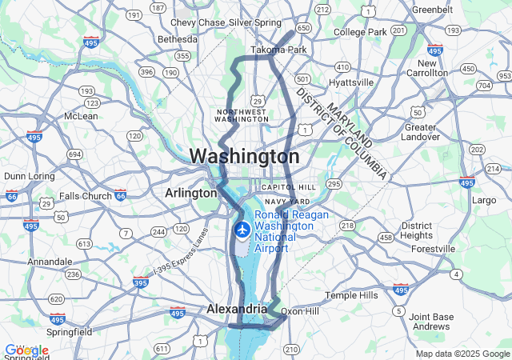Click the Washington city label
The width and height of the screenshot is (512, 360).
coord(244,155)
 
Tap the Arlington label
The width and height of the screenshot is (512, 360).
coord(190,193)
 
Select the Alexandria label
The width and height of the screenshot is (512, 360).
coord(236,309)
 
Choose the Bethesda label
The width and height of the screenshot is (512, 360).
coord(177,38)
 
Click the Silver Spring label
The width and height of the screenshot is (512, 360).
coord(255,22)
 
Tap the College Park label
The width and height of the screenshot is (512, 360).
coord(360,32)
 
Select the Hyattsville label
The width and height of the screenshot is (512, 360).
coord(350,82)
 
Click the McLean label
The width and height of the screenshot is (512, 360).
coord(80,116)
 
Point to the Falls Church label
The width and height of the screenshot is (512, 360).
coord(86,196)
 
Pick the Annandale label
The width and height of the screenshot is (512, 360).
coord(50,262)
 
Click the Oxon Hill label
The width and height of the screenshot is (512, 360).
coord(301,311)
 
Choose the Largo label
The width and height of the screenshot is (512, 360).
coord(485,199)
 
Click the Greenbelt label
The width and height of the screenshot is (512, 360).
coord(432,10)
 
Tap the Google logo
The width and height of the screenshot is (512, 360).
coord(26,350)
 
